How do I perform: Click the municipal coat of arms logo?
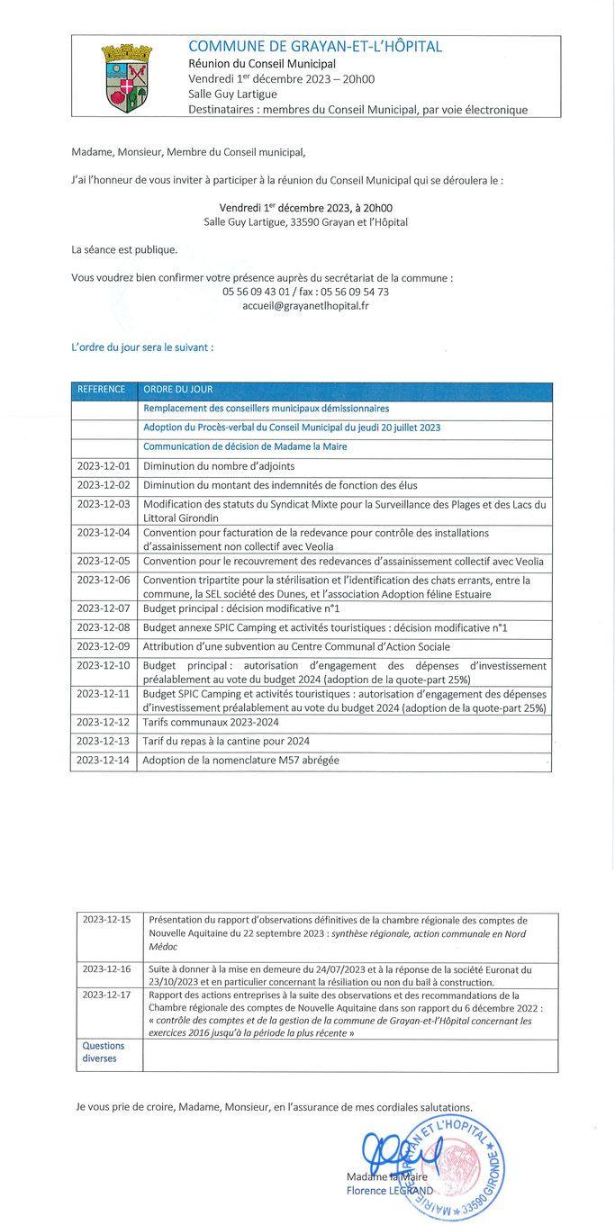tap(128, 77)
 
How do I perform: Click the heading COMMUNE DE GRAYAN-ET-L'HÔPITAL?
tap(315, 47)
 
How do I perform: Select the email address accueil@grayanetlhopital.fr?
tap(305, 305)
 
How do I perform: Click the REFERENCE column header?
tap(103, 390)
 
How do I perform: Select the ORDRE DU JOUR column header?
tap(177, 390)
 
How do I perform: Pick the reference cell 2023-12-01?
tap(104, 466)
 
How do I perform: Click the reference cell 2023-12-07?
tap(104, 608)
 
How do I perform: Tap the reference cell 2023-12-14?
tap(104, 761)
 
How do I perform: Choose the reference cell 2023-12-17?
tap(106, 995)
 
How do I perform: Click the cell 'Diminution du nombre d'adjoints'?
tap(219, 466)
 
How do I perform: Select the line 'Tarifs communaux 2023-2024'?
tap(211, 722)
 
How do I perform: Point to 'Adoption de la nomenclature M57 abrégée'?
tap(241, 761)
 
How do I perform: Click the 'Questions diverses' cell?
tap(104, 1052)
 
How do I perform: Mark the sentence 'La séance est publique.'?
tap(124, 249)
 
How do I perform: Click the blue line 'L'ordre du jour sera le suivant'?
tap(142, 345)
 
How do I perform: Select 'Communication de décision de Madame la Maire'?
tap(245, 446)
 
